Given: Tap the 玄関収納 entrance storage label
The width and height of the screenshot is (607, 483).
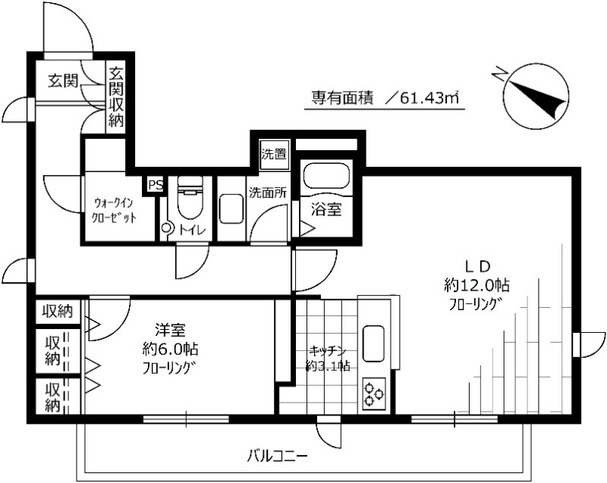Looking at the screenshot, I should [x=116, y=97].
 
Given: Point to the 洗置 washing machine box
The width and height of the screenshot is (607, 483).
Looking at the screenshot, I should [x=273, y=154].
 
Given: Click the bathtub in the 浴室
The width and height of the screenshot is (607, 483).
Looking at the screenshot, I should [x=326, y=177].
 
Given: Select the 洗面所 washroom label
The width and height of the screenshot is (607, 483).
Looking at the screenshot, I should [x=268, y=193].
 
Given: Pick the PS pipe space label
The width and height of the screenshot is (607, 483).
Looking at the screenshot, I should [x=155, y=184].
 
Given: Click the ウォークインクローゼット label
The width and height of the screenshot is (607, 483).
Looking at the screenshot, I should [x=115, y=210].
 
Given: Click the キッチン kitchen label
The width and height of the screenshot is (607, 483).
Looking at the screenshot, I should [x=328, y=351].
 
